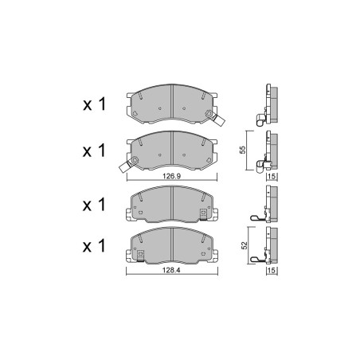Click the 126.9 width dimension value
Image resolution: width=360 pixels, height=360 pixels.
tap(172, 176)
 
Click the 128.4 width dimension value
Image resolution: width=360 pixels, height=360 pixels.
tap(171, 270)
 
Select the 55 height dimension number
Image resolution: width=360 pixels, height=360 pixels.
tap(243, 151)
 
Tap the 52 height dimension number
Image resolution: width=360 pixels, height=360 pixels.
tap(244, 245)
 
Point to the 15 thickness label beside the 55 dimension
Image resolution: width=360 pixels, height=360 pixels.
tap(272, 176)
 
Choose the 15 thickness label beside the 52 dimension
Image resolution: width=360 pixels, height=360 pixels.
tap(272, 271)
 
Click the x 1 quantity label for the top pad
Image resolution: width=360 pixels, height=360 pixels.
tap(94, 104)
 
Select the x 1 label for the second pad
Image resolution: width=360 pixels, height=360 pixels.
tap(94, 151)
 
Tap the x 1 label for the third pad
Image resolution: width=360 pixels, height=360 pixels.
tap(94, 205)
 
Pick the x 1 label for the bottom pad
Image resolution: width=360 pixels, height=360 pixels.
tap(94, 246)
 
